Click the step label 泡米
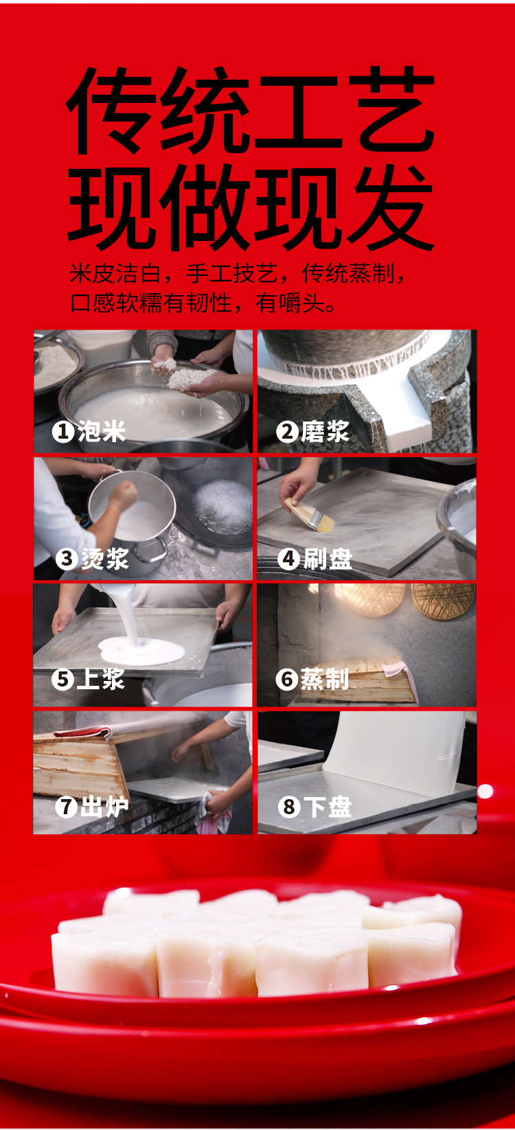102,432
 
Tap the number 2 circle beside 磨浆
287,432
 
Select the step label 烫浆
105,559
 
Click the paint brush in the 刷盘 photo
310,515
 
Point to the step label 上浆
100,679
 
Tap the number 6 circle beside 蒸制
286,679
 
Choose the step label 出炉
104,807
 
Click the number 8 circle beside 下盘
289,807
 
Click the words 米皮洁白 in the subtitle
115,273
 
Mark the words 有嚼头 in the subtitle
290,303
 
